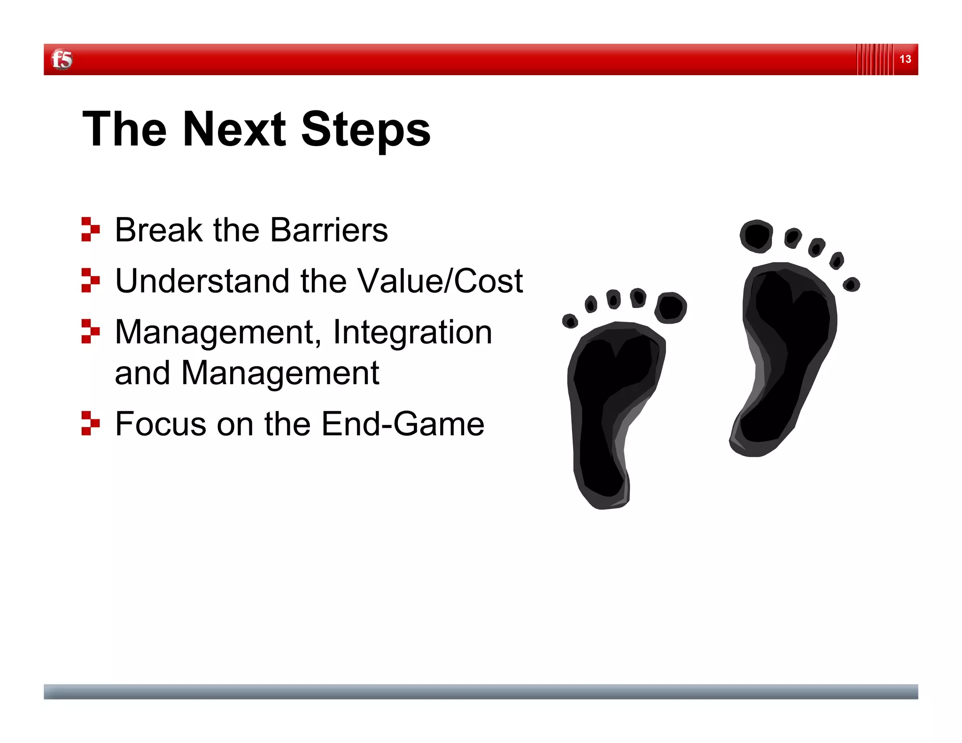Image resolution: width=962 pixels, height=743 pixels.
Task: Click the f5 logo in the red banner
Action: coord(62,60)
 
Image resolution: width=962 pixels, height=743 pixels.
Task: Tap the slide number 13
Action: coord(905,59)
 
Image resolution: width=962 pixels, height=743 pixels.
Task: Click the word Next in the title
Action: coord(233,129)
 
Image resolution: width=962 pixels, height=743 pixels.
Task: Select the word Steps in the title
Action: coord(365,131)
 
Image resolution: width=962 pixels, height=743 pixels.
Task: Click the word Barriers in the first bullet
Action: coord(329,230)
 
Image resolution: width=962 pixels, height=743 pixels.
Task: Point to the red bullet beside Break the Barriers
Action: coord(90,229)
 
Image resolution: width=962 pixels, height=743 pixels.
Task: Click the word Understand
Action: coord(202,281)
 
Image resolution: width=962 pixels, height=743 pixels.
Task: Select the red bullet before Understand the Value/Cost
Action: coord(90,280)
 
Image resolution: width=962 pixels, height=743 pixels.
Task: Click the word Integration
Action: coord(412,332)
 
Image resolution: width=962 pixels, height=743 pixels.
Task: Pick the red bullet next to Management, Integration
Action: coord(90,331)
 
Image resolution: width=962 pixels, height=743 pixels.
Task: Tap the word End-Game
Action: coord(403,424)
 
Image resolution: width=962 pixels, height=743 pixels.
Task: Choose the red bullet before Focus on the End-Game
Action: coord(90,423)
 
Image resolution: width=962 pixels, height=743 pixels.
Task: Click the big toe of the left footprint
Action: coord(671,308)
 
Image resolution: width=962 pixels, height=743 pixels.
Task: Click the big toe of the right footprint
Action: coord(756,236)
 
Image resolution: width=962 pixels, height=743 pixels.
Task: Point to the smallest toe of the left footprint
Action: coord(570,321)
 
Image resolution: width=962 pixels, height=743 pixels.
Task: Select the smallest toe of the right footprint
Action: coord(851,284)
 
